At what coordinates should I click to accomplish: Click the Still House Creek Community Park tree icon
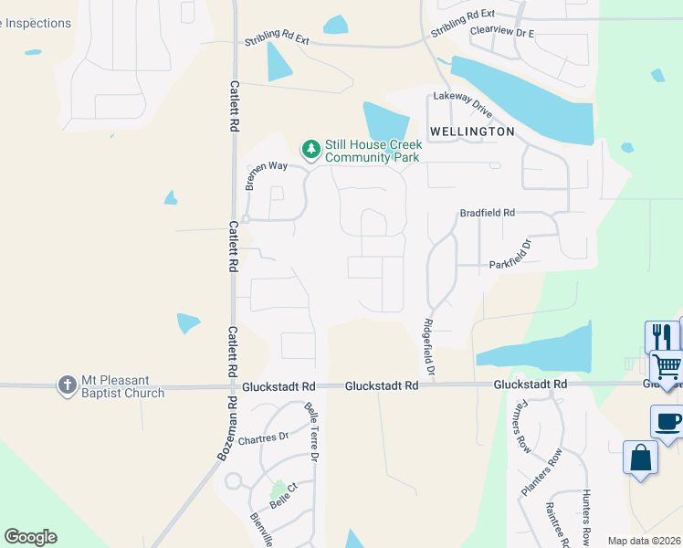311,148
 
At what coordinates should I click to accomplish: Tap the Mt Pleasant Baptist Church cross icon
67,385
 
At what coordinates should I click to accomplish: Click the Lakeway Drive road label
463,102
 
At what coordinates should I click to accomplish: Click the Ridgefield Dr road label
429,347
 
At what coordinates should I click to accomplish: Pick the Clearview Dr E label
501,31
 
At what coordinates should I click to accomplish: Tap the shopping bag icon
641,457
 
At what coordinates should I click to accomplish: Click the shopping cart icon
668,368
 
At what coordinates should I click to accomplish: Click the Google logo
30,537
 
